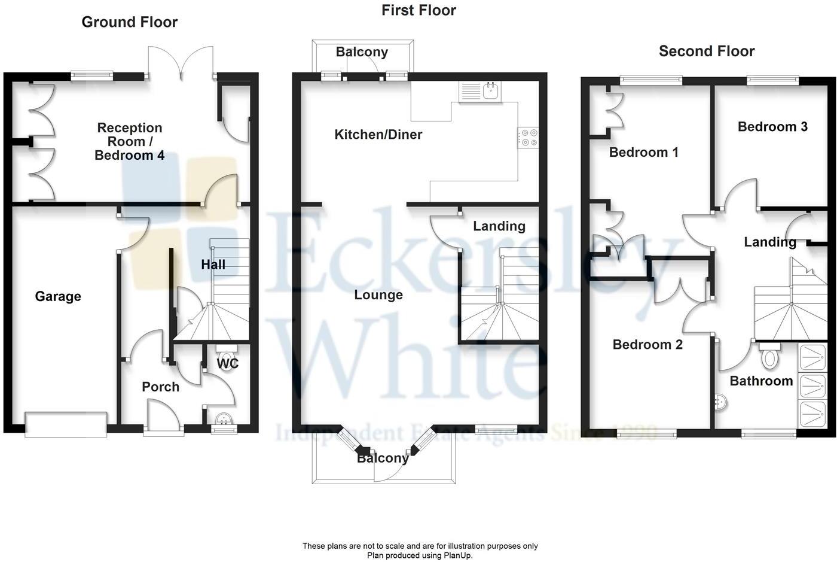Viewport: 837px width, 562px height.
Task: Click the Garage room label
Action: tap(58, 296)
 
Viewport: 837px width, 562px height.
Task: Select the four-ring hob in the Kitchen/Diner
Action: tap(528, 138)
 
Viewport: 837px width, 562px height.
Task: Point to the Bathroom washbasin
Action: tap(721, 403)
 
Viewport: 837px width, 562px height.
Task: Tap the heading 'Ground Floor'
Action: tap(130, 22)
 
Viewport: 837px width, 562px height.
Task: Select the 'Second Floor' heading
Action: tap(707, 51)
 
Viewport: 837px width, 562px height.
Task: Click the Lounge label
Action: tap(378, 295)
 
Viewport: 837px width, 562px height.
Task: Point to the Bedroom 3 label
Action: tap(772, 127)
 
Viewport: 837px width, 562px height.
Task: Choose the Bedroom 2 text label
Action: tap(647, 345)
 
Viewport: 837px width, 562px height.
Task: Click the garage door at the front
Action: tap(66, 423)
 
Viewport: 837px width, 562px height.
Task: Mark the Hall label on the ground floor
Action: tap(213, 265)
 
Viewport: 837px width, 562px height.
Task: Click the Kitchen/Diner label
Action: tap(378, 135)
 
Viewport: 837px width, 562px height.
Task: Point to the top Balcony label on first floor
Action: tap(362, 52)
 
